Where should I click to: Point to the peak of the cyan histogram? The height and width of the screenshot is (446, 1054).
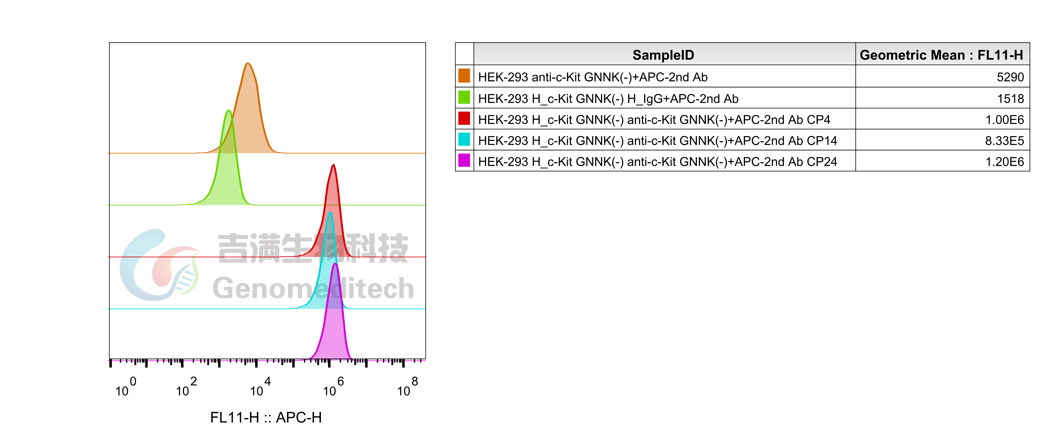tap(330, 212)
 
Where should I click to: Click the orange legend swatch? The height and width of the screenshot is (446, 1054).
tap(464, 76)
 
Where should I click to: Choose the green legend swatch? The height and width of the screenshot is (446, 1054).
tap(464, 97)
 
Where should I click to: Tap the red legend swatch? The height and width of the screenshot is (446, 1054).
tap(464, 118)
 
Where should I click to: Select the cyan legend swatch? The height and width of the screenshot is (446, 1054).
tap(464, 139)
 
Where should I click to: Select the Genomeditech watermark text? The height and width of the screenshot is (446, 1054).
tap(313, 288)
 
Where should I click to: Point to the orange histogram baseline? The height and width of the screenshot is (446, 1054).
tap(368, 153)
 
